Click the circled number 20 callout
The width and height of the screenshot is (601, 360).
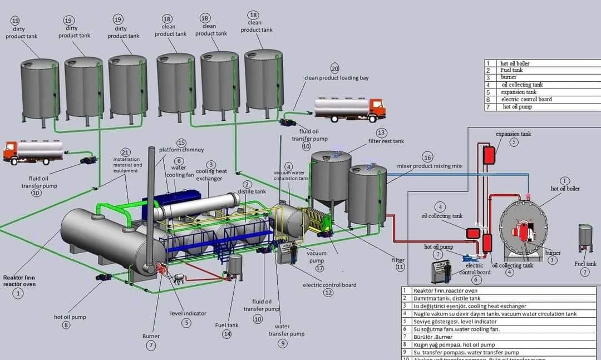point(334,68)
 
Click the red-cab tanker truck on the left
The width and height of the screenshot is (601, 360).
point(33,151)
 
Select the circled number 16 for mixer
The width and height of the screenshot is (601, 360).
point(427,157)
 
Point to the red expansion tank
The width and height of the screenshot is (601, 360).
point(489,155)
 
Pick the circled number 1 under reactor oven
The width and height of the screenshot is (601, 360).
point(18,293)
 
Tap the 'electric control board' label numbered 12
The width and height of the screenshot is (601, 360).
point(329,285)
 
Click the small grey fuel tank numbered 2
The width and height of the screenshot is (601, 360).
point(585,238)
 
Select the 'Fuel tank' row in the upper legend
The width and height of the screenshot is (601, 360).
point(511,70)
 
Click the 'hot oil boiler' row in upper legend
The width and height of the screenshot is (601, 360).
point(515,63)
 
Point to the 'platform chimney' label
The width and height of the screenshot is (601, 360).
point(181,150)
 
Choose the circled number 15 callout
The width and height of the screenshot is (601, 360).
point(181,142)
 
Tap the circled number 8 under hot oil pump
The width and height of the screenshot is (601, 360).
point(66,326)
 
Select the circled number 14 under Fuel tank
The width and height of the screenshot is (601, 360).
point(226,334)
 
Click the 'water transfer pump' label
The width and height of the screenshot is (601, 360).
point(287,330)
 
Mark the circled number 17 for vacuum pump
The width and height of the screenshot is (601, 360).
point(319,268)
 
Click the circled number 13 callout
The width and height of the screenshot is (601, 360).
point(381,133)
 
